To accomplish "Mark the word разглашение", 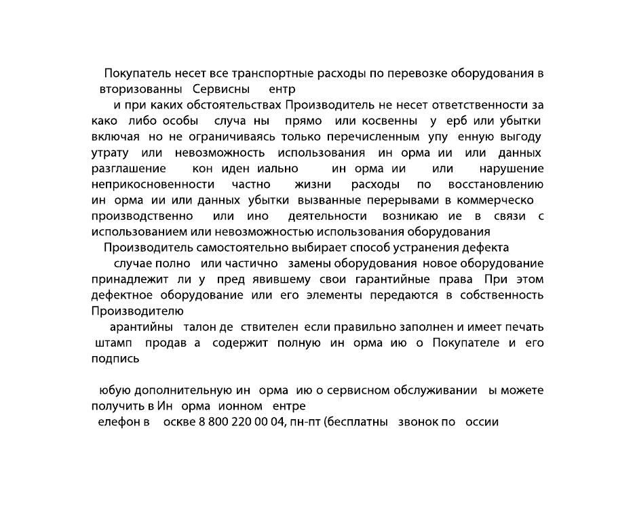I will click(x=129, y=168).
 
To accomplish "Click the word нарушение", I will click(x=512, y=168).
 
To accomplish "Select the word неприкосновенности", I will click(x=153, y=184).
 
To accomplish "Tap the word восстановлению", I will click(x=495, y=184).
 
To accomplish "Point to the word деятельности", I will click(x=328, y=216).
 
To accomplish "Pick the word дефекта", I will click(x=484, y=248).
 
